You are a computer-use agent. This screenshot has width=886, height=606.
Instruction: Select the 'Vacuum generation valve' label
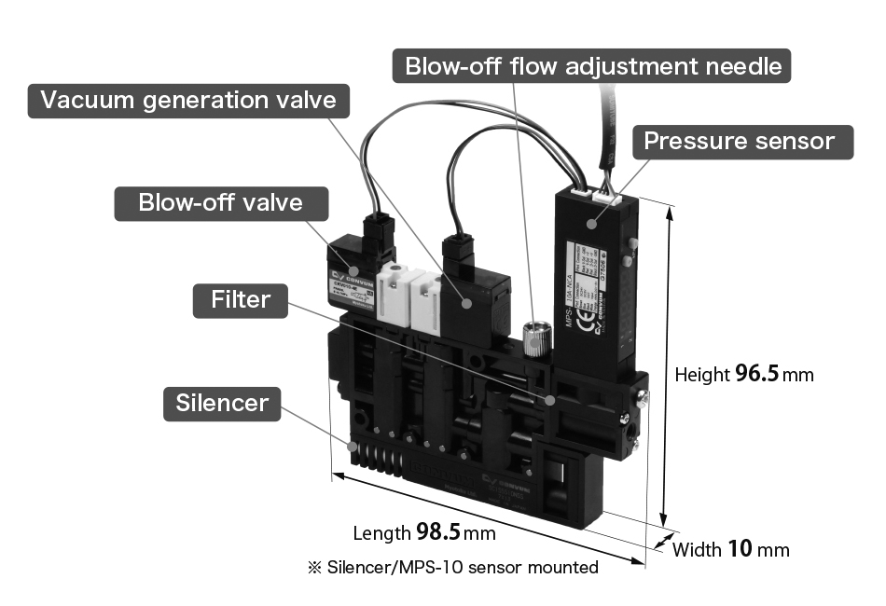click(187, 100)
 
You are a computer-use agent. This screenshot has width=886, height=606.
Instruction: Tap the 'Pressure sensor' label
click(739, 141)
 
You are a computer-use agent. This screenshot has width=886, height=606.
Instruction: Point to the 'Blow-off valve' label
click(221, 202)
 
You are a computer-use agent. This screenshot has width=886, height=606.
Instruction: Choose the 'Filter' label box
click(240, 300)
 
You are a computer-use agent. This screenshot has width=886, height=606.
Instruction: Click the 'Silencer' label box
click(222, 403)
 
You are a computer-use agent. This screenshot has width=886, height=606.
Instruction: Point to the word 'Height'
click(701, 375)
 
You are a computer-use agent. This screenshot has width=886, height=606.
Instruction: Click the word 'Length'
click(381, 533)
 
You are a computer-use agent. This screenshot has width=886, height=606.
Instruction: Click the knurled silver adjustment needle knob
click(534, 337)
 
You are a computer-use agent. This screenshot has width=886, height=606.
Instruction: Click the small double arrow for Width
click(665, 542)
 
